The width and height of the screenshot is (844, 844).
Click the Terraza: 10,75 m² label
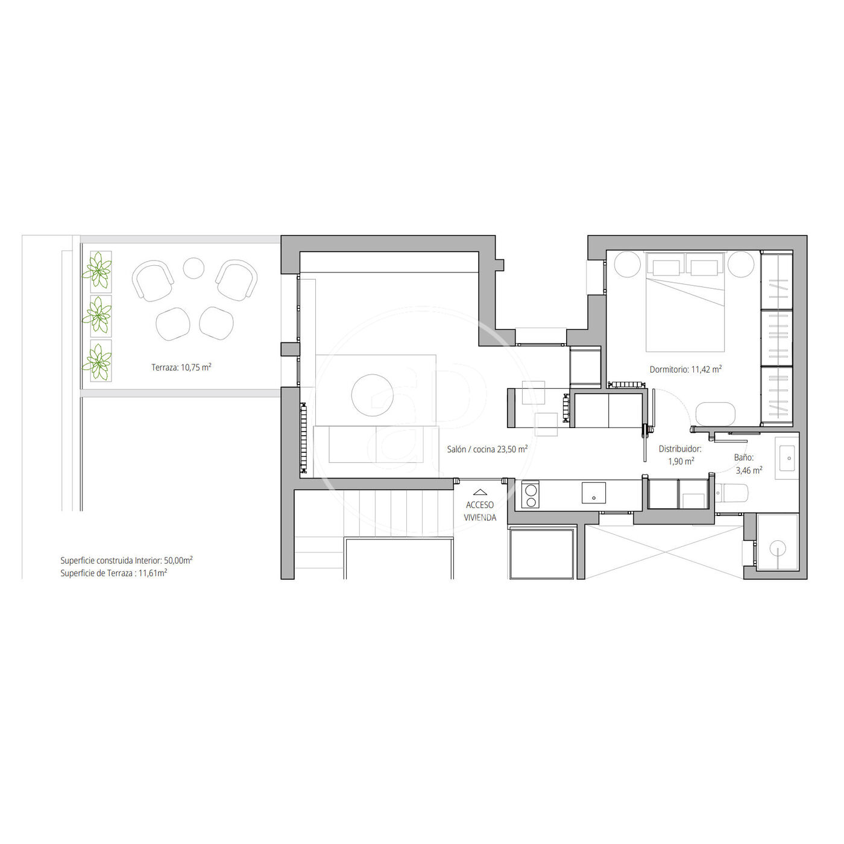coord(181,367)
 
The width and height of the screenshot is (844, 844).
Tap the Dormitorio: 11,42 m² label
coord(685,369)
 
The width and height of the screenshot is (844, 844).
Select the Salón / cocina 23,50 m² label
coord(487,449)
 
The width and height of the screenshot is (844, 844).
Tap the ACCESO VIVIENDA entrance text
coord(480,511)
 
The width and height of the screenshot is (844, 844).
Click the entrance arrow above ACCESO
coord(480,492)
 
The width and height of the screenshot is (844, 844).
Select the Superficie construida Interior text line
coord(127,560)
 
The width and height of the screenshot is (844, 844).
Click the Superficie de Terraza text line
coord(114,573)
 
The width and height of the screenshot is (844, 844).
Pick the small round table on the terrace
coord(193,268)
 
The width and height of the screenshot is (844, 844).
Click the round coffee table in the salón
coord(372,395)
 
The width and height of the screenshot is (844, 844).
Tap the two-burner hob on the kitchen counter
coord(531,496)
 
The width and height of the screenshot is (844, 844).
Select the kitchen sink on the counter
coord(593,493)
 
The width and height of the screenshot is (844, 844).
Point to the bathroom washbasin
coord(787,458)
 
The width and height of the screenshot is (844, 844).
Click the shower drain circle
coord(778,548)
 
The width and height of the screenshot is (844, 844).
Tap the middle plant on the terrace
coord(97,315)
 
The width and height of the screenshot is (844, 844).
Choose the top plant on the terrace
coord(97,271)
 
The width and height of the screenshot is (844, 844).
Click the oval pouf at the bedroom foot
coord(716,414)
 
